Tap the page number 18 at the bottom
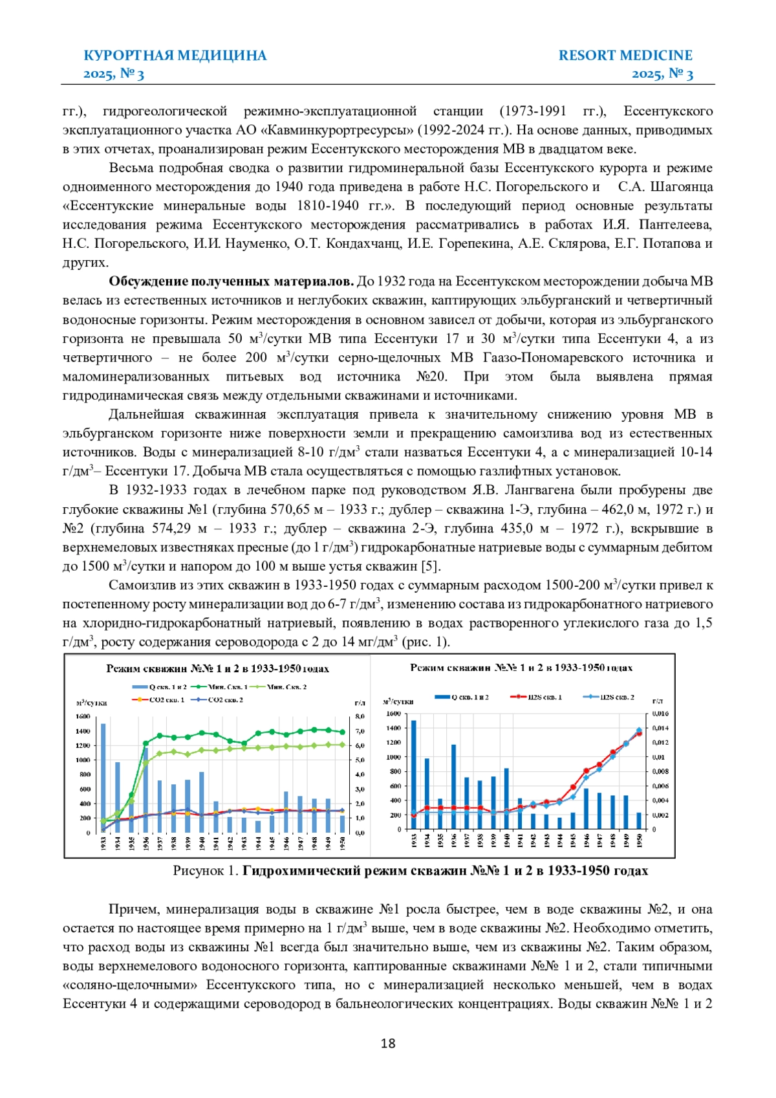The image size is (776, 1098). coord(388,1043)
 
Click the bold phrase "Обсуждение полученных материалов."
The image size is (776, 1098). coord(231,281)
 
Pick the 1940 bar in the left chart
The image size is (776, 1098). coord(202,802)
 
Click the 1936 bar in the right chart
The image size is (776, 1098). coord(453,787)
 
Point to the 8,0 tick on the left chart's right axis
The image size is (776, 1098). coord(360,716)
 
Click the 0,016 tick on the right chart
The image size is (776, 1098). coord(660,714)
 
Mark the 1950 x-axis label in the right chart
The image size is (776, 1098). coord(640,839)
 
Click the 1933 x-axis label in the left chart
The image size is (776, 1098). coord(103,843)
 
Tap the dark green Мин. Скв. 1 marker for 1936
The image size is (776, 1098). coord(145,743)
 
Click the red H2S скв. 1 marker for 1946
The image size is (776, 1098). coord(586,771)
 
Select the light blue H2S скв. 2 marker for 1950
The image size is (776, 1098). coord(639,730)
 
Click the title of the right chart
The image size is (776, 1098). coord(521,668)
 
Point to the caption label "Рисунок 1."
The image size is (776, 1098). coord(206,871)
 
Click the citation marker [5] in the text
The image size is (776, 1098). coord(431,566)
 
